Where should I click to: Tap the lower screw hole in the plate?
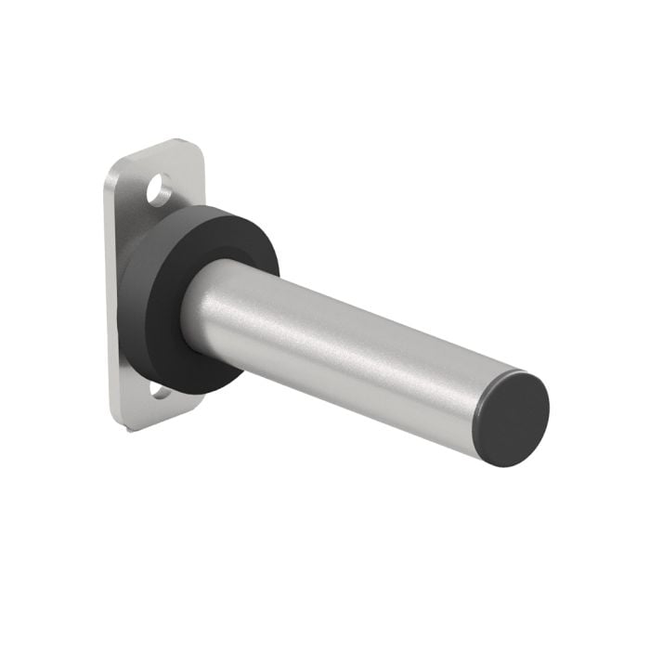[x=161, y=393]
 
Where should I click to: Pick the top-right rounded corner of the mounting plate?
[x=198, y=149]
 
